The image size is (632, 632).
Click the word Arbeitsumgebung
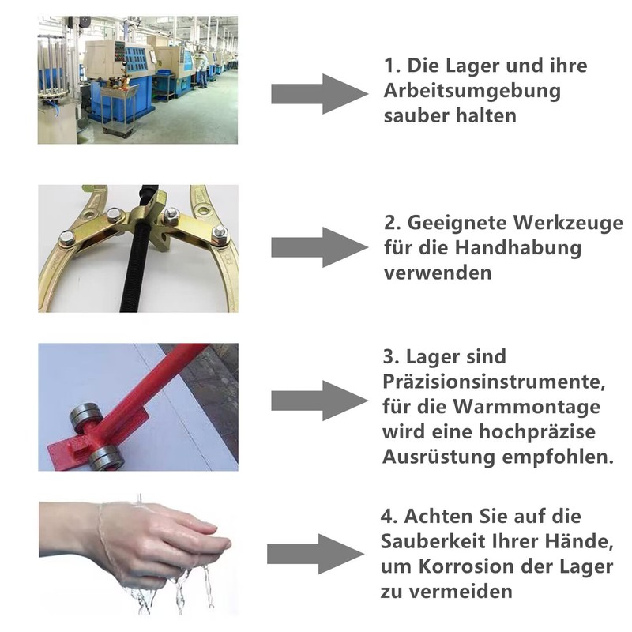pyautogui.click(x=472, y=90)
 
